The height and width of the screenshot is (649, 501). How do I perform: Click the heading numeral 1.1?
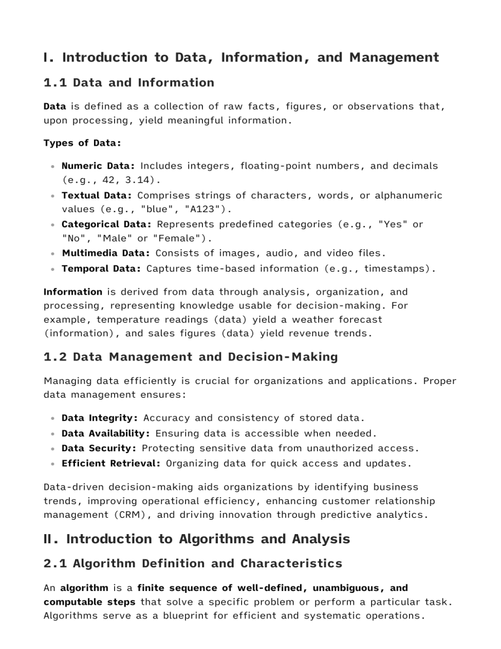tap(55, 82)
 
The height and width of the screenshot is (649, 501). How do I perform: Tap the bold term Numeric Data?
tap(98, 166)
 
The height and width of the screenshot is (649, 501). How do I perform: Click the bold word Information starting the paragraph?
tap(72, 291)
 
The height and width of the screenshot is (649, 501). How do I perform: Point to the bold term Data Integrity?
tap(99, 417)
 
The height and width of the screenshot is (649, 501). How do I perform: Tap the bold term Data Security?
tap(99, 449)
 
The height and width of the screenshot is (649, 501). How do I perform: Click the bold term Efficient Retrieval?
tap(111, 464)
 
